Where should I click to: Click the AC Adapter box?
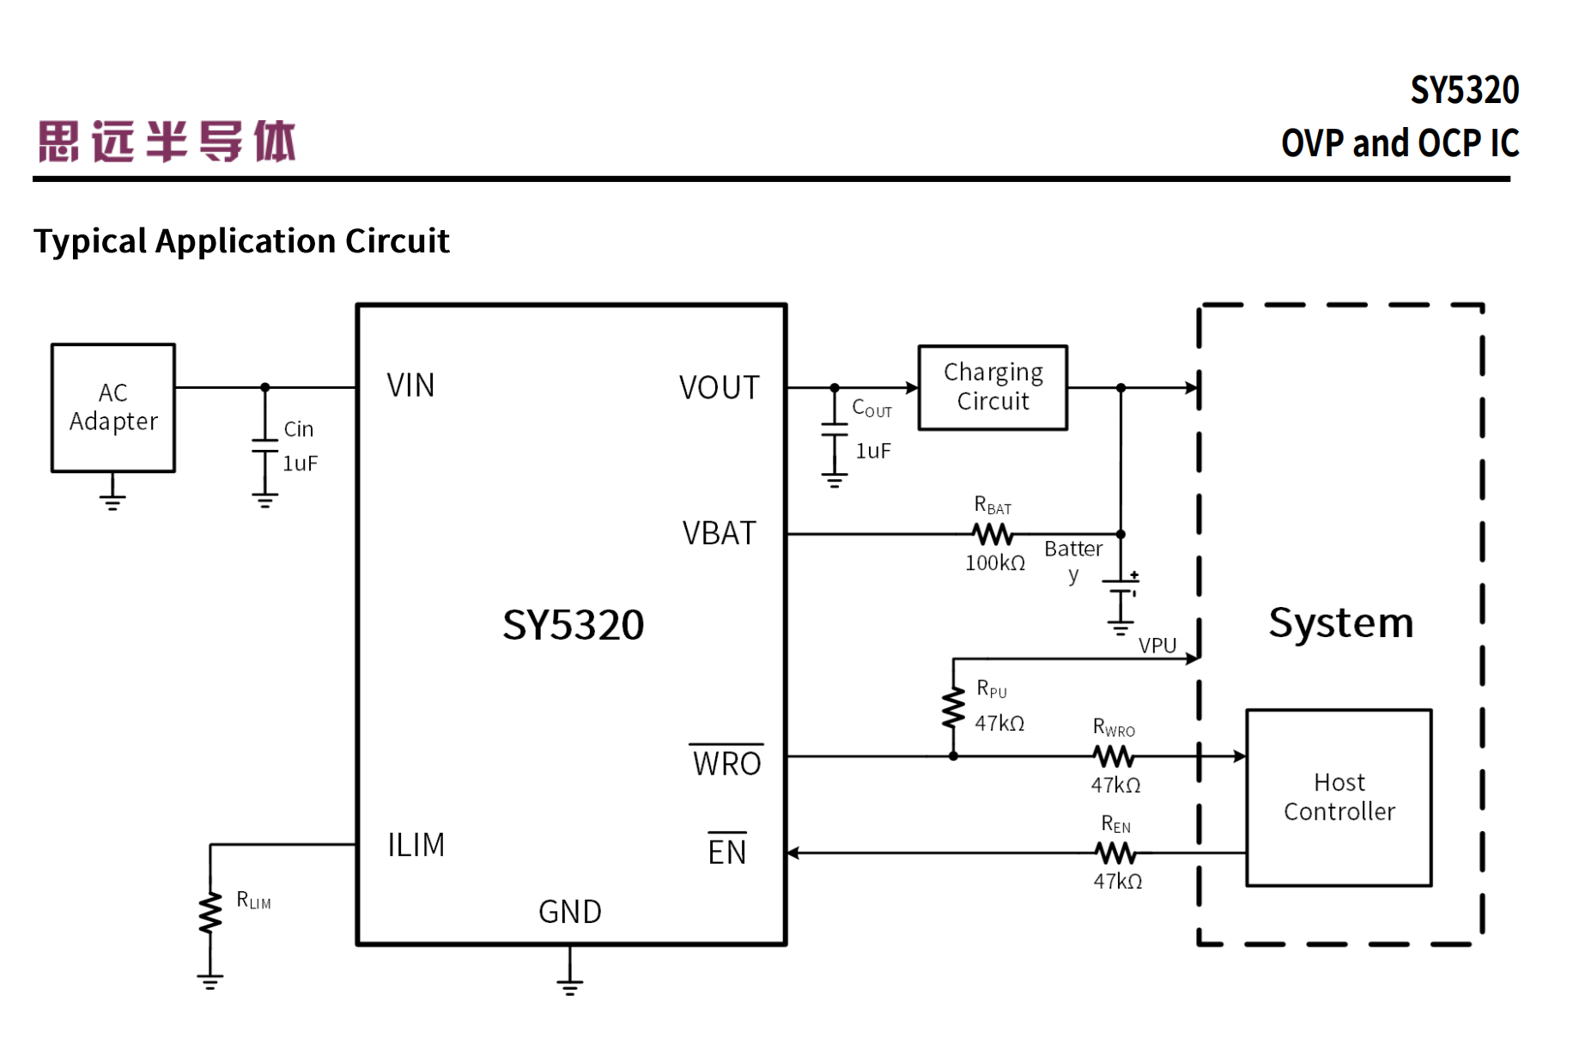(x=113, y=408)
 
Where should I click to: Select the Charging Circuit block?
(x=993, y=387)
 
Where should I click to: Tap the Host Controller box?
(x=1339, y=798)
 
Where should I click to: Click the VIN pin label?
(x=410, y=385)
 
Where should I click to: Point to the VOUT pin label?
(x=719, y=388)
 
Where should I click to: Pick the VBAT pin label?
(x=719, y=534)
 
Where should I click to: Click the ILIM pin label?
(x=416, y=846)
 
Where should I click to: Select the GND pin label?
(x=569, y=912)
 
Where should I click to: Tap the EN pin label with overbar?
(x=726, y=851)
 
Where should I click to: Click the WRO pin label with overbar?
(x=726, y=762)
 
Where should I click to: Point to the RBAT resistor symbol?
(x=993, y=535)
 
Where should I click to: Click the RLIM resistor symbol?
(x=210, y=913)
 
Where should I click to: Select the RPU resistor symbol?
(x=953, y=709)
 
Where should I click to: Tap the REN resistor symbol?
(x=1115, y=853)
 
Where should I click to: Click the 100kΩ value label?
(x=995, y=563)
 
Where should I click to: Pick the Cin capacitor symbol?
(x=265, y=446)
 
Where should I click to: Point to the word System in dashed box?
(x=1340, y=622)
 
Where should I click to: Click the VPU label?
(x=1157, y=646)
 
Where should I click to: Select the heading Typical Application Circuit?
(x=241, y=241)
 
